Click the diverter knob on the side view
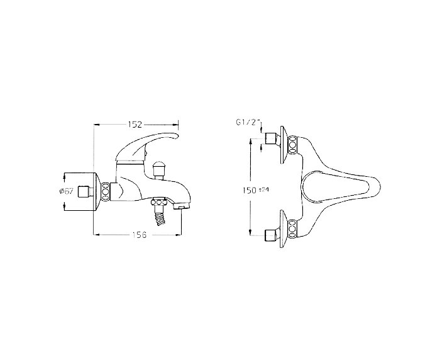point(159,169)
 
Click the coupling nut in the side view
point(106,189)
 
